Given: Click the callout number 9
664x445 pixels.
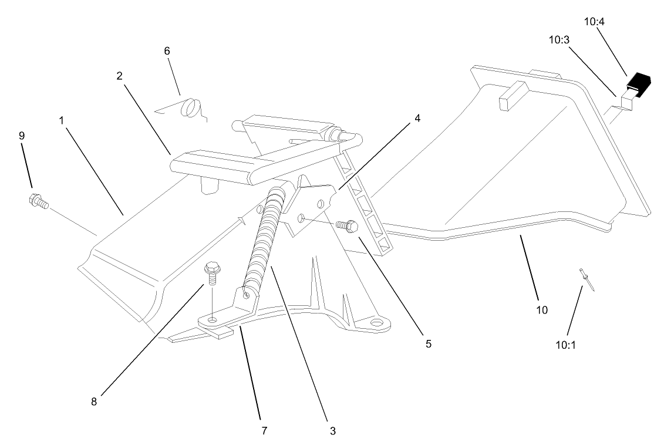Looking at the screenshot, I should (22, 136).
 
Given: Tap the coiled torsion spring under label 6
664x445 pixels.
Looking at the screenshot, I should (191, 109).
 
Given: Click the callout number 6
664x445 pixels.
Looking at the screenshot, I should (167, 51).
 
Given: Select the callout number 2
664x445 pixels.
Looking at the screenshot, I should (119, 76).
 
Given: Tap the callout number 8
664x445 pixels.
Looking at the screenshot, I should (93, 402).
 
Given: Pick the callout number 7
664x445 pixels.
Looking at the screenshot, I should (264, 430).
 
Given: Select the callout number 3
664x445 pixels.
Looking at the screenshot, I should (332, 430).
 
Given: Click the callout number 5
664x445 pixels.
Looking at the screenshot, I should (429, 343).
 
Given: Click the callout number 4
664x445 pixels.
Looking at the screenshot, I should (417, 118).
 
